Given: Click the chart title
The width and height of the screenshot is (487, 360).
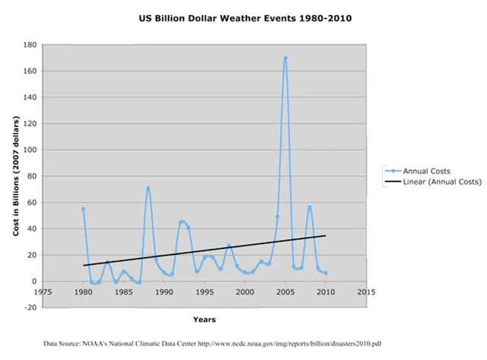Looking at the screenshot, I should pos(245,16).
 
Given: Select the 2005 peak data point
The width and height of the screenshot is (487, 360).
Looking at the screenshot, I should pos(285,58).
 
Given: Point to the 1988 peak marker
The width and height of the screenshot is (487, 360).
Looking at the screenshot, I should pos(148,188).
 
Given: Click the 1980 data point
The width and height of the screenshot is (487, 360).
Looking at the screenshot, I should pos(83,209).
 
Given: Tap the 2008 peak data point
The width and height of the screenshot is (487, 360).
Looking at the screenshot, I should pos(310,207).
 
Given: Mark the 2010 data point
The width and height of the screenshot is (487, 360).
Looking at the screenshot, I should pos(326,272).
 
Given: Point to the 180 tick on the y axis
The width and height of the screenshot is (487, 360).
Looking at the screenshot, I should pos(30,45).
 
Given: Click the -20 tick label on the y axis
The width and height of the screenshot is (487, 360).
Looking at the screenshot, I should pos(30,307).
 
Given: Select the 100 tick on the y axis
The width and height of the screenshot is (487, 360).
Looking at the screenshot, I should pos(30,150).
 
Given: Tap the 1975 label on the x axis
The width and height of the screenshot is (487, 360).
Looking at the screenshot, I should pos(43,291).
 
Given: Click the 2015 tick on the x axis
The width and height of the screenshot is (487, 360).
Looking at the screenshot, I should pos(366,291).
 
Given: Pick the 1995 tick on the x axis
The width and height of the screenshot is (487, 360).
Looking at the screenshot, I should pos(204,291).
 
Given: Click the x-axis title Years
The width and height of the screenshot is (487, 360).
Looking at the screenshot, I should pos(204,320).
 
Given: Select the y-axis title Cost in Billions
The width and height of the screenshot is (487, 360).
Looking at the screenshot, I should pos(16,176).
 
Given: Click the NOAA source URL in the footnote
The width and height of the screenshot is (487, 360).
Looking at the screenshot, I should pos(290,344).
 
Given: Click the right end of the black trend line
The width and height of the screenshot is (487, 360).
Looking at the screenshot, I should pos(326,235).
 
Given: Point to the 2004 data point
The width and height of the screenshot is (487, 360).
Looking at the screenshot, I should pos(277,216).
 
